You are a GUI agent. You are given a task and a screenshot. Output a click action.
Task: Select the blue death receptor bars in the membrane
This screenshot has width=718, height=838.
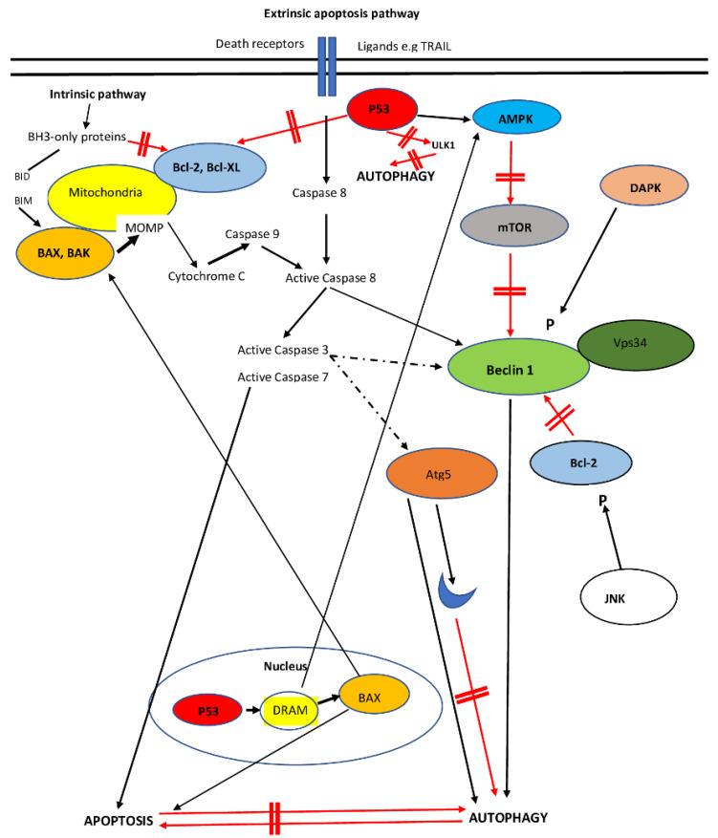coord(327,66)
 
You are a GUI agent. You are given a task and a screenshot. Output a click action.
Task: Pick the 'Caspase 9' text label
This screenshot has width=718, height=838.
coord(250,233)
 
